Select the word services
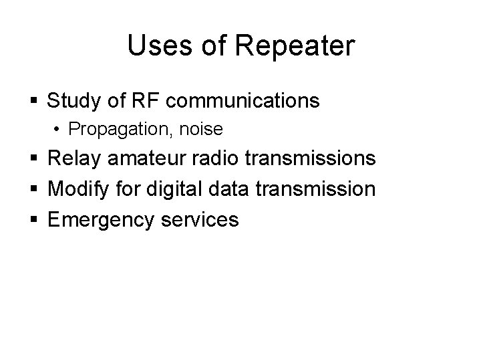pos(200,219)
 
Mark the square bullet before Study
pos(34,102)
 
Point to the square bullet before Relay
pos(34,159)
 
